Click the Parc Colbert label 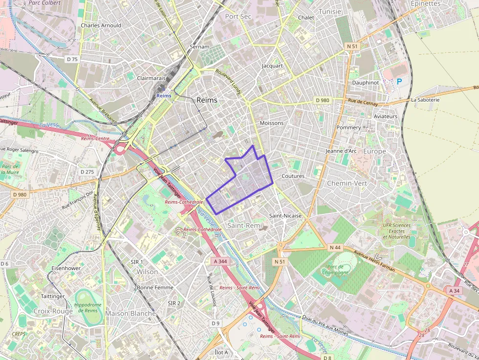click(x=44, y=2)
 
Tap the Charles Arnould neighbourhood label click(x=101, y=25)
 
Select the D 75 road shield click(x=72, y=59)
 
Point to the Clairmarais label click(x=152, y=78)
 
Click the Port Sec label click(x=238, y=16)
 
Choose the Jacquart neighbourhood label click(x=272, y=65)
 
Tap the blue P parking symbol click(x=399, y=82)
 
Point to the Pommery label click(x=348, y=127)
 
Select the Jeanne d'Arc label click(x=341, y=151)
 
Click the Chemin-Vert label click(x=347, y=183)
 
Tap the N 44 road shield click(x=335, y=247)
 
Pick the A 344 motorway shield click(x=220, y=261)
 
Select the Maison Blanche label click(x=131, y=314)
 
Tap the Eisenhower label click(x=66, y=268)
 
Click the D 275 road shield click(x=87, y=172)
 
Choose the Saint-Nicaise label click(x=285, y=215)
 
